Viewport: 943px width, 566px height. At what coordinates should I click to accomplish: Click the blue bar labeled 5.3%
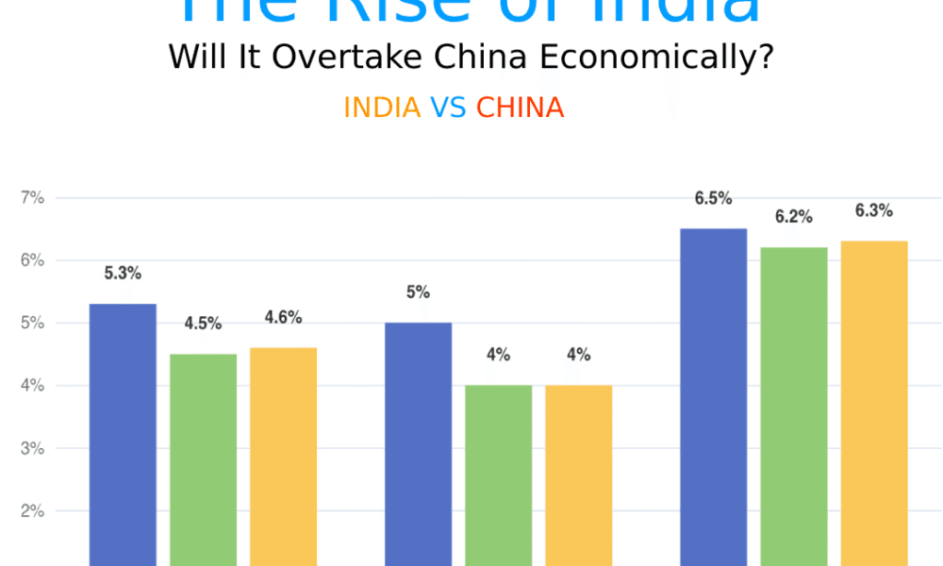coord(123,434)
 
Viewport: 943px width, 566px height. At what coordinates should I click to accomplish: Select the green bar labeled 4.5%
coord(203,459)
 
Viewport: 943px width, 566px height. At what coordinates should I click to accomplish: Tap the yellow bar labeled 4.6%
coord(283,457)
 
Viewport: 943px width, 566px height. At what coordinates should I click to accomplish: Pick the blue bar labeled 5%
coord(418,443)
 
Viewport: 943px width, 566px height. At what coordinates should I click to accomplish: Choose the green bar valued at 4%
coord(498,474)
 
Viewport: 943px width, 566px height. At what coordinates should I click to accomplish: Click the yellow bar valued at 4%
coord(578,474)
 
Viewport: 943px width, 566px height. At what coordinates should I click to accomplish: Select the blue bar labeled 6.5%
coord(714,396)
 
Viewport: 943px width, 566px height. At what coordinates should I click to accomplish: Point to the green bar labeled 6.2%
coord(794,406)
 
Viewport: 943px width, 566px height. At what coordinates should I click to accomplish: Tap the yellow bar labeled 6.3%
coord(874,403)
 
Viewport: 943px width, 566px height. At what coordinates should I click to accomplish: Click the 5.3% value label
coord(123,274)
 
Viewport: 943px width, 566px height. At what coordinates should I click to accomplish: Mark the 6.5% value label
coord(714,198)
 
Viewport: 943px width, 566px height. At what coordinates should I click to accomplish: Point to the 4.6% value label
coord(283,318)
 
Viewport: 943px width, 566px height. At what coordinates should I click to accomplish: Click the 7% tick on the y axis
coord(33,198)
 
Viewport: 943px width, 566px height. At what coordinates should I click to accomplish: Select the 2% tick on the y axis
coord(33,511)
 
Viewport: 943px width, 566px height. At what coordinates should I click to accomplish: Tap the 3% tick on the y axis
coord(33,448)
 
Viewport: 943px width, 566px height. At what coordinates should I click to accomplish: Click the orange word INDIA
coord(382,108)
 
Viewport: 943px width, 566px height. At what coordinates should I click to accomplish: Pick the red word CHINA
coord(520,108)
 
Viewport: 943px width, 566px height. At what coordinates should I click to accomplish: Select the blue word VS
coord(448,108)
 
